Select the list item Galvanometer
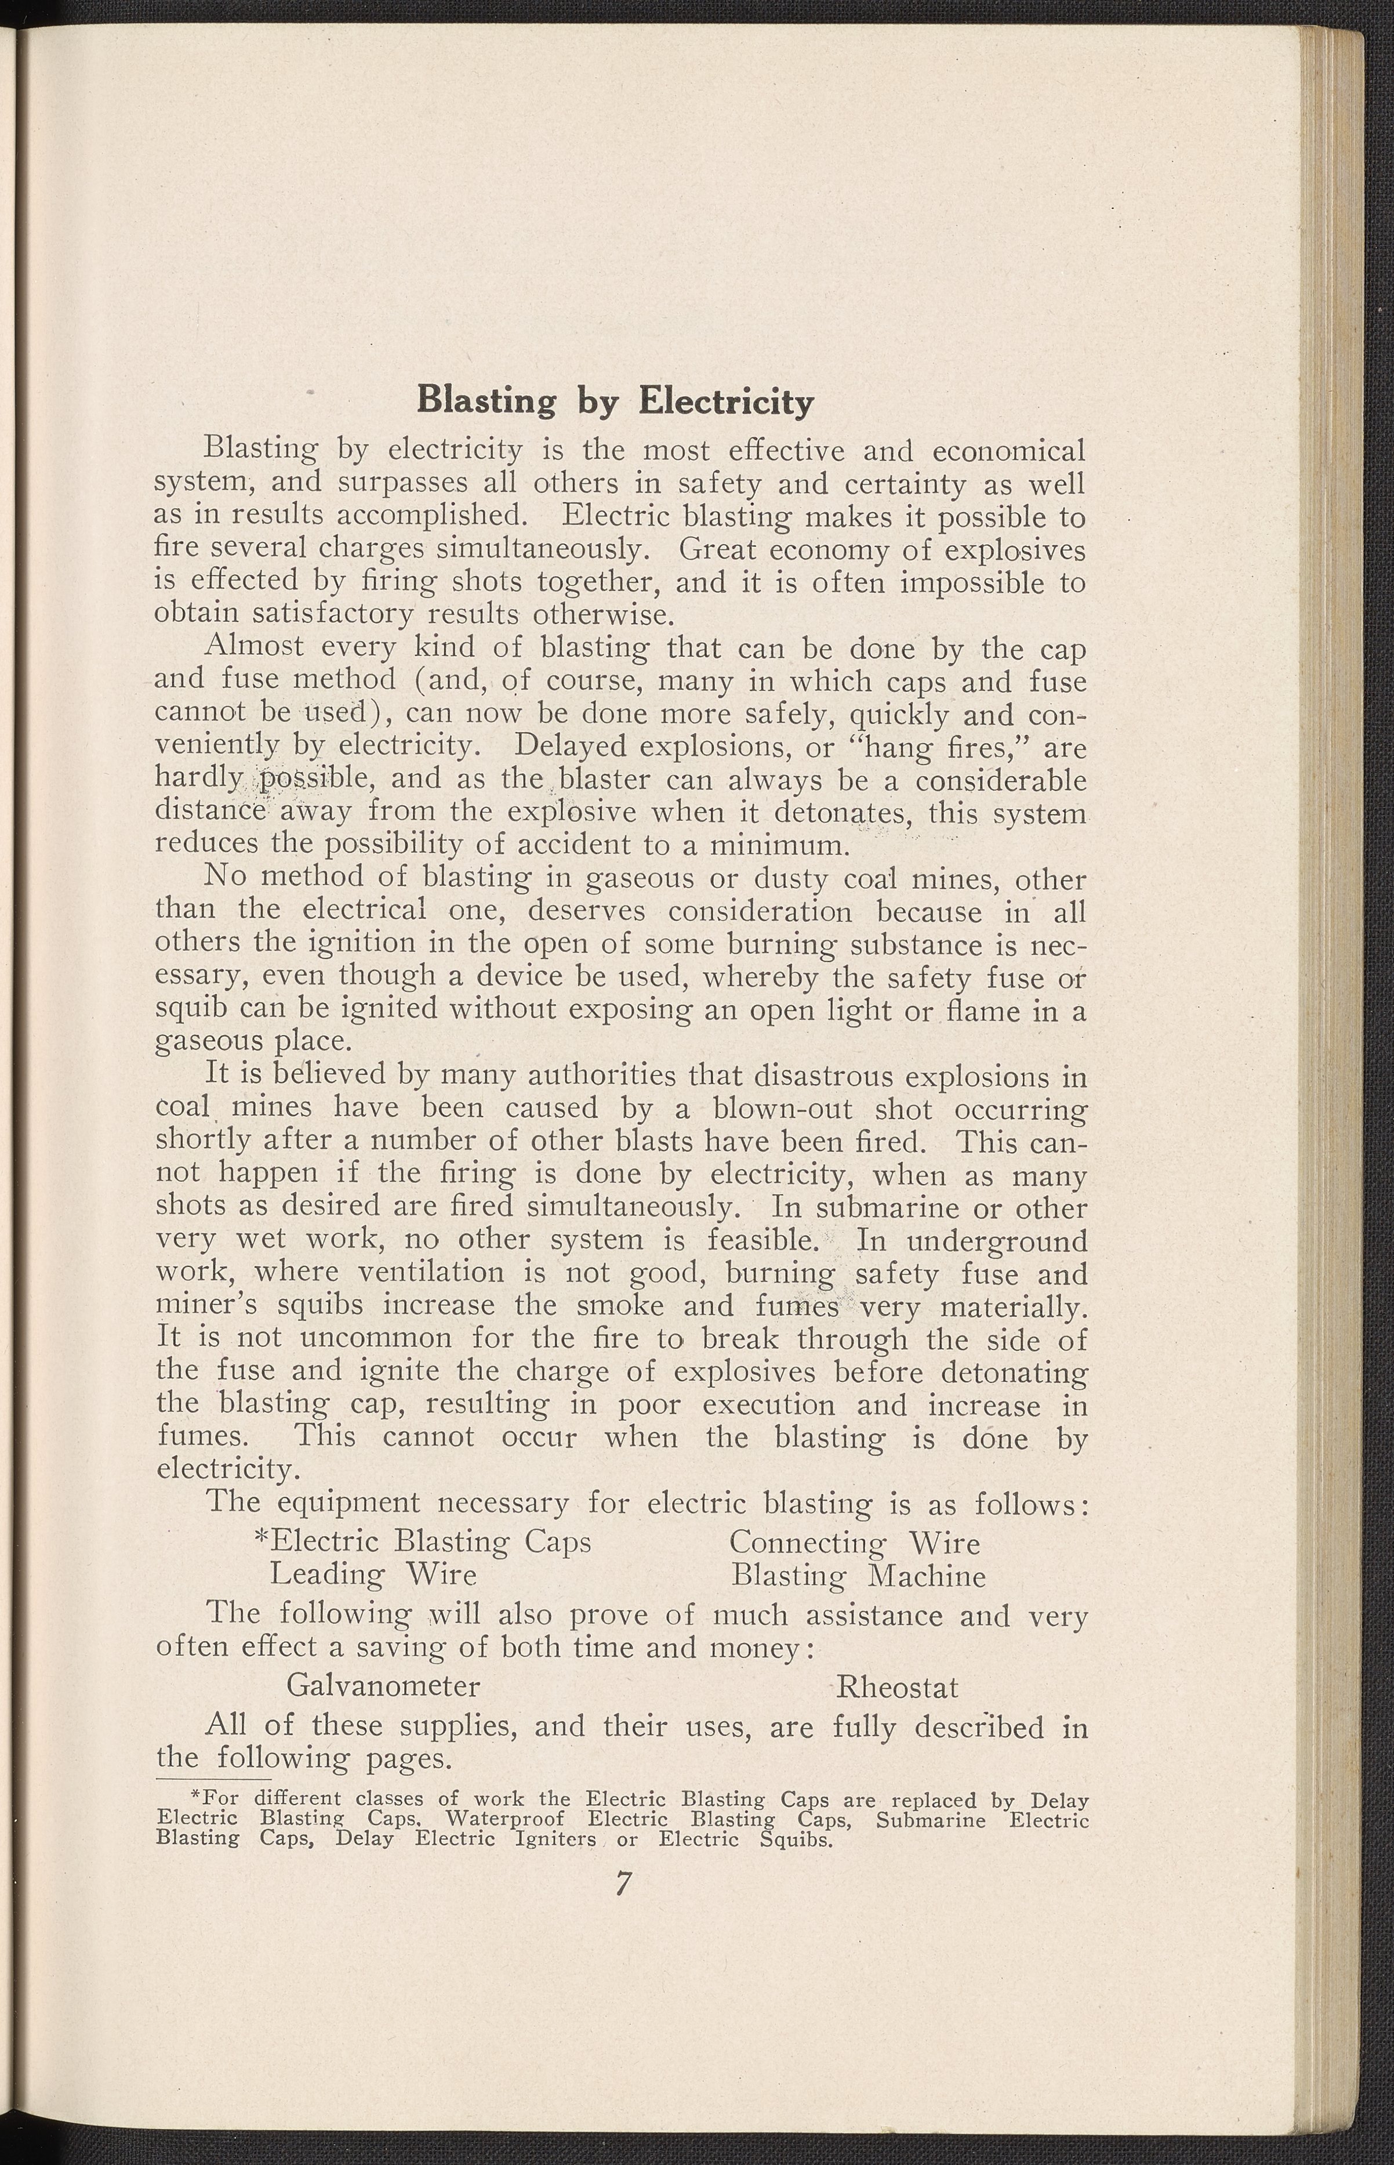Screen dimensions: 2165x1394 (x=383, y=1686)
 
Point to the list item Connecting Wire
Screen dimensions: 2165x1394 (x=855, y=1543)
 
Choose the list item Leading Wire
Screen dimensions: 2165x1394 (x=373, y=1576)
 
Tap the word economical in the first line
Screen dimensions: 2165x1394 (x=1008, y=450)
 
